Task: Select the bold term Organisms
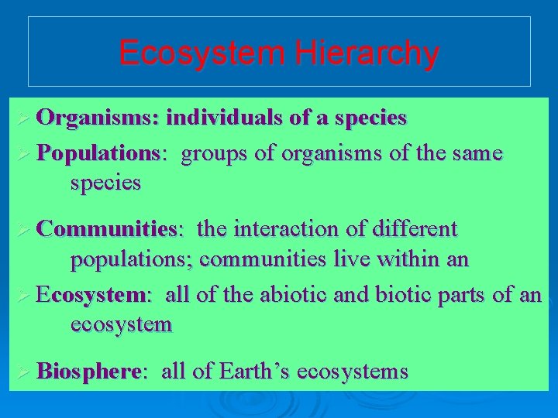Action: coord(97,118)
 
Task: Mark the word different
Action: coord(417,229)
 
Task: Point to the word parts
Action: coord(470,295)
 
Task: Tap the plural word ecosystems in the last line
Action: coord(352,372)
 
